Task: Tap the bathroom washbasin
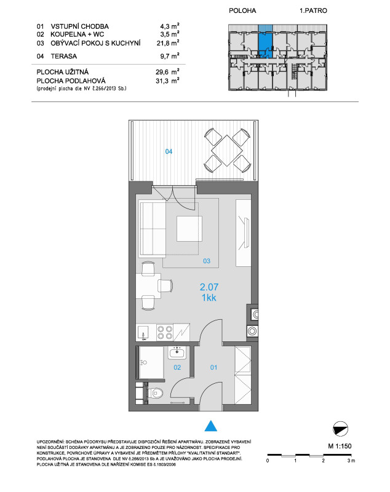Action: pos(177,352)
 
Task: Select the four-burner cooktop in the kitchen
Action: pos(165,333)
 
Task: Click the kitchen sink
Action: pos(144,333)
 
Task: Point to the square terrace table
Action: pos(227,150)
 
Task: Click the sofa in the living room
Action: pos(153,229)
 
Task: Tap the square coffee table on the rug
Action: pos(189,229)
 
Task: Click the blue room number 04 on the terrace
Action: pos(169,151)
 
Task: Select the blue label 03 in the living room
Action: pos(207,261)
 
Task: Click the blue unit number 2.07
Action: pos(209,287)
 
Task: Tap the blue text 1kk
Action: pos(209,298)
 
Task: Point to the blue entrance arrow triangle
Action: pos(211,426)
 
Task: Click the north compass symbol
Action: pos(340,429)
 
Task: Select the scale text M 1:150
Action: pos(340,446)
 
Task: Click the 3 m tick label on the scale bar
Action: pos(351,461)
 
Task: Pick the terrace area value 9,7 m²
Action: pos(170,56)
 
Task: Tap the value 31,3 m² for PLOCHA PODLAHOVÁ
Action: pos(167,81)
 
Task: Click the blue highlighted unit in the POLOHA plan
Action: pos(265,42)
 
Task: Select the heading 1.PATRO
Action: pos(313,10)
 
